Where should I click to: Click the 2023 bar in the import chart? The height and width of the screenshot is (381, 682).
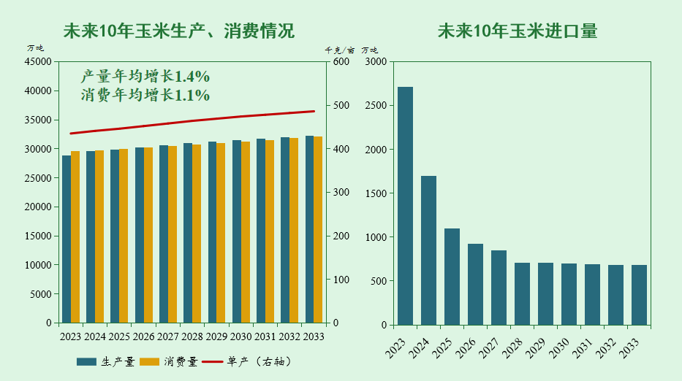point(405,206)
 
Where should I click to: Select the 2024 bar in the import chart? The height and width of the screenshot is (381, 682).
point(428,250)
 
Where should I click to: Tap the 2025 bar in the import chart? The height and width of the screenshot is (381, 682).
point(452,277)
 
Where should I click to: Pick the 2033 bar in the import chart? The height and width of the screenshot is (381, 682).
point(639,295)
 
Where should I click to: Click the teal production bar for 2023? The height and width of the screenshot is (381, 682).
point(67,239)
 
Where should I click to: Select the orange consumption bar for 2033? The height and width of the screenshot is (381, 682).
point(318,230)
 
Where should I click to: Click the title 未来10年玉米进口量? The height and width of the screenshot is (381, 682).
point(517,31)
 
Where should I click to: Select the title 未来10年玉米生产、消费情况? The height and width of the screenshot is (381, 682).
point(179,31)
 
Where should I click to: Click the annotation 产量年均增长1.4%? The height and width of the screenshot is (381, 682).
point(145,76)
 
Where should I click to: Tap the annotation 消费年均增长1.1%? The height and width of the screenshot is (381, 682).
point(145,95)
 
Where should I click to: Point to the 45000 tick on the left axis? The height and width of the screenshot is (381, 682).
point(38,62)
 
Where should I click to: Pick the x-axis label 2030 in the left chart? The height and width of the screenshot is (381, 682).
point(241,336)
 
